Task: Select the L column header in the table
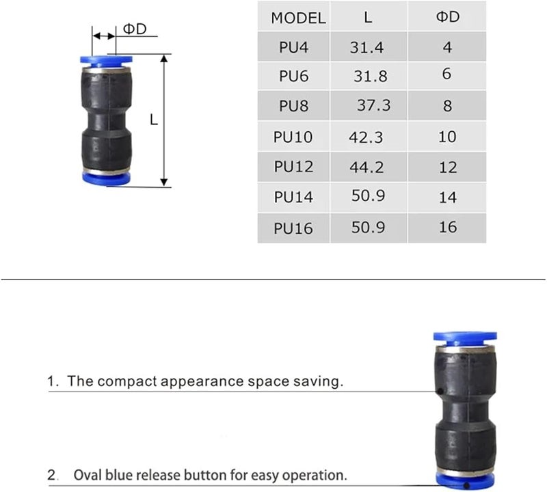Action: tap(368, 18)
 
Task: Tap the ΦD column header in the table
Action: tap(447, 16)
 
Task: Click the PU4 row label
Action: tap(293, 48)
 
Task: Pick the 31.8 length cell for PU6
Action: tap(370, 76)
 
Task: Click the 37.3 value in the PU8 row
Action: tap(373, 105)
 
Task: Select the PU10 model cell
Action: tap(293, 137)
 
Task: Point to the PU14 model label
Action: tap(293, 197)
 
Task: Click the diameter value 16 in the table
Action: tap(447, 226)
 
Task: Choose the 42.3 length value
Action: tap(366, 137)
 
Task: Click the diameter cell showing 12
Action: tap(447, 167)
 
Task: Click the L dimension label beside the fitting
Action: tap(154, 120)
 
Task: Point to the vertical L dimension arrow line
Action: tap(164, 137)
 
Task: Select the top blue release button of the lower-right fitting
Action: tap(465, 338)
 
